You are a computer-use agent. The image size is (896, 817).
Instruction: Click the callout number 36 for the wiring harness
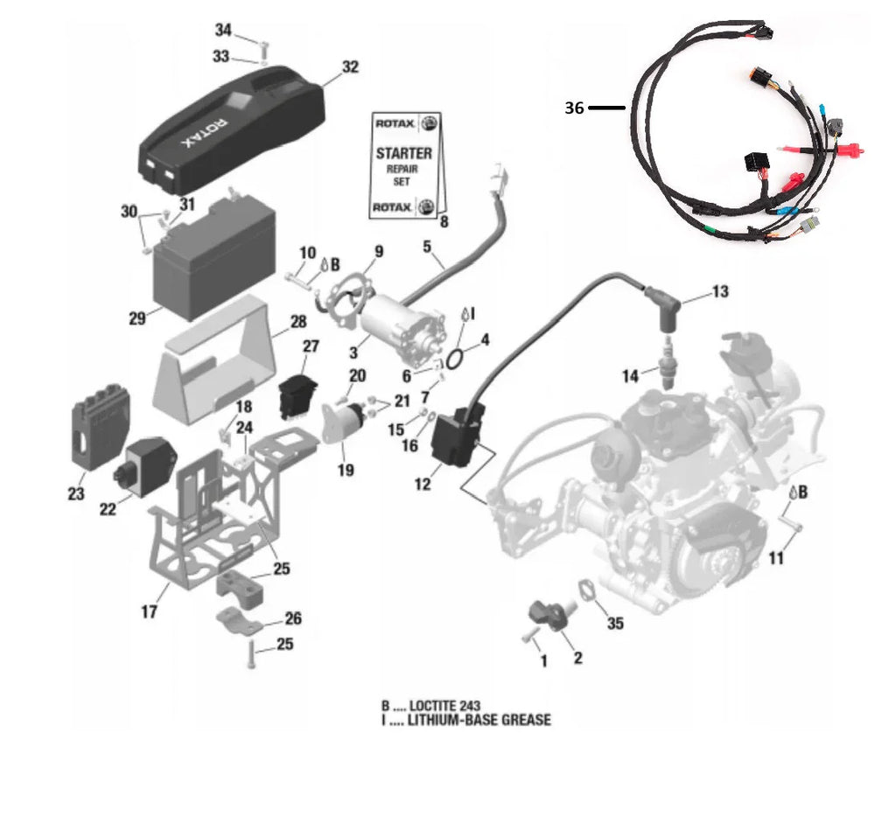[574, 108]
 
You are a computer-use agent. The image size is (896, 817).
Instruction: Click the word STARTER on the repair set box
[403, 152]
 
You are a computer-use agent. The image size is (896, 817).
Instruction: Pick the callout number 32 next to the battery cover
[350, 66]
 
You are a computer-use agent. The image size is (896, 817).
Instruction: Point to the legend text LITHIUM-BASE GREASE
[479, 720]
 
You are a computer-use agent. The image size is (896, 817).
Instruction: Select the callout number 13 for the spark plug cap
[720, 291]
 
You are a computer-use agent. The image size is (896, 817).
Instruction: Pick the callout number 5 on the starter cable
[428, 248]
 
